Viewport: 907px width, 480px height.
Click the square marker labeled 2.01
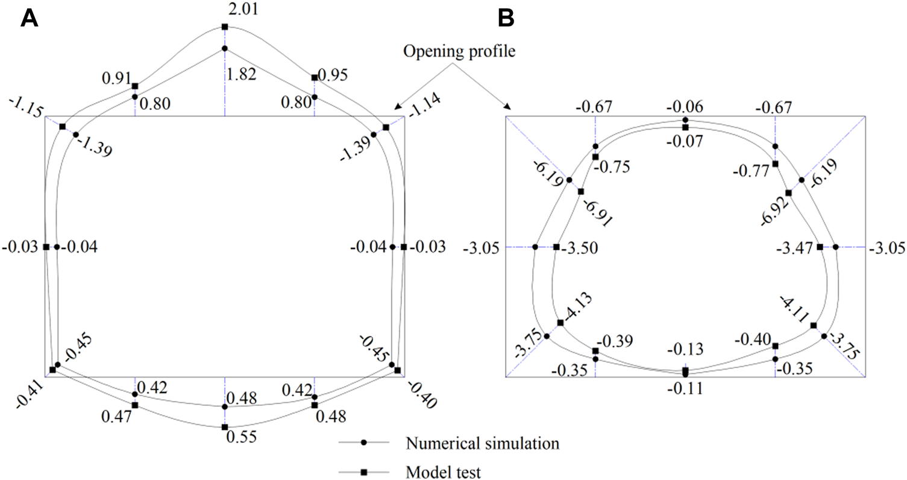point(225,27)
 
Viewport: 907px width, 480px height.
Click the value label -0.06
point(685,107)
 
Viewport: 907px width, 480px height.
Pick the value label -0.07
point(685,141)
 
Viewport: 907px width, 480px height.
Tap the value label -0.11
point(685,388)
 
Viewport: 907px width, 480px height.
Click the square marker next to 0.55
point(225,427)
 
